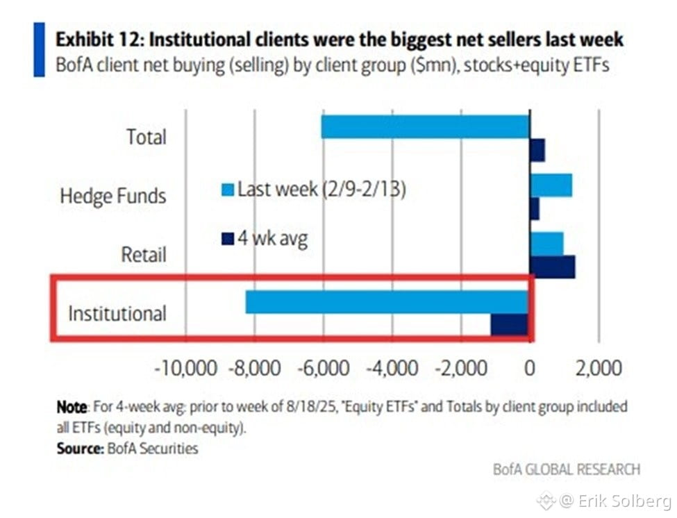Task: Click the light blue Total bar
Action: pos(425,127)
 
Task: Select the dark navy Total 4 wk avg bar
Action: pos(537,150)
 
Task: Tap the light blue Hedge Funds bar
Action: pos(551,185)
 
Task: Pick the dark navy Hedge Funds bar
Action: pos(535,208)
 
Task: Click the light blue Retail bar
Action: pos(546,244)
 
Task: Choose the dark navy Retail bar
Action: pos(552,267)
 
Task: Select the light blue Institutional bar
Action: pos(387,302)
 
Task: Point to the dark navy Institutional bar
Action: pos(509,324)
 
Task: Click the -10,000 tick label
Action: pos(186,369)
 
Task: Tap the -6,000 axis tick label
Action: pos(324,369)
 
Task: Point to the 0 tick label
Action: pos(530,369)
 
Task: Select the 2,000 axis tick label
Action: pos(599,369)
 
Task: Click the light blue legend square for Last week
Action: pos(228,190)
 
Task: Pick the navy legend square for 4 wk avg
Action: pos(228,239)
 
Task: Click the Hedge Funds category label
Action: pos(113,196)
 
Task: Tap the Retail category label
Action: pos(144,255)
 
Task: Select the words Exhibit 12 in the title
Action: pos(100,40)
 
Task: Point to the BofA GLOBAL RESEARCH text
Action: pos(567,469)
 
